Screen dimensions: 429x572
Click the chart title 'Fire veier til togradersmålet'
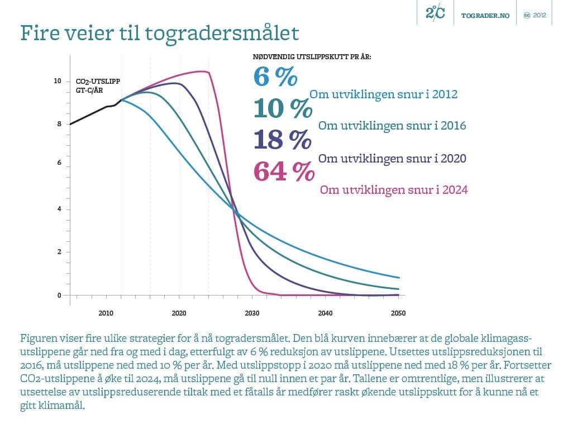click(x=160, y=34)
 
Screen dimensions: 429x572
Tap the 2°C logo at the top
click(x=435, y=13)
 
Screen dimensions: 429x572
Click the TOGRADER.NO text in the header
click(x=485, y=16)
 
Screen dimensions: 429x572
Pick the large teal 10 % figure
click(x=282, y=108)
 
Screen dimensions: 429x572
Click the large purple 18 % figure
click(x=282, y=139)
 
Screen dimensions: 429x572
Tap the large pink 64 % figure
click(x=284, y=171)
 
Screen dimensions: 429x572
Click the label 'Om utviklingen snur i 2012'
click(x=383, y=94)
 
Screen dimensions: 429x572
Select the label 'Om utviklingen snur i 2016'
click(x=392, y=126)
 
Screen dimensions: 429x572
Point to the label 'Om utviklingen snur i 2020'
click(x=392, y=158)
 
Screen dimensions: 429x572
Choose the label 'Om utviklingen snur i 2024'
click(x=393, y=190)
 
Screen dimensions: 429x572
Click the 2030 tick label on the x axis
click(x=252, y=313)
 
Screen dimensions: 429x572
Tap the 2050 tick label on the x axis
click(x=398, y=313)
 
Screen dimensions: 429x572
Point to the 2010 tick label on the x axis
click(x=106, y=313)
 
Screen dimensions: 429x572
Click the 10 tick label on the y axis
click(x=57, y=81)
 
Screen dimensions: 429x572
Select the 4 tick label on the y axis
click(x=59, y=209)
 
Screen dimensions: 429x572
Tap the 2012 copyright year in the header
click(x=540, y=16)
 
